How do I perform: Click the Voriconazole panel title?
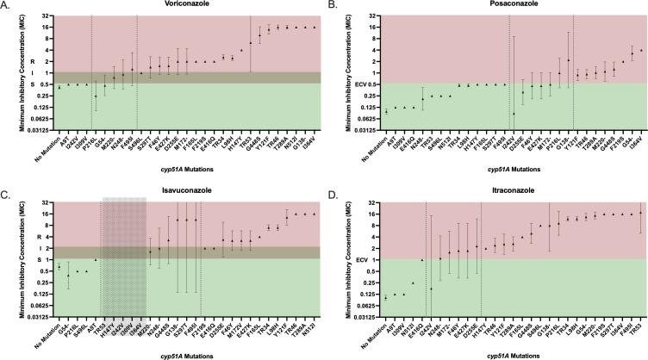tap(175, 5)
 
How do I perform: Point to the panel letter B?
tap(334, 6)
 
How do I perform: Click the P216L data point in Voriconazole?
tap(96, 96)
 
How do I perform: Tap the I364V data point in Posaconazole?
tap(641, 50)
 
